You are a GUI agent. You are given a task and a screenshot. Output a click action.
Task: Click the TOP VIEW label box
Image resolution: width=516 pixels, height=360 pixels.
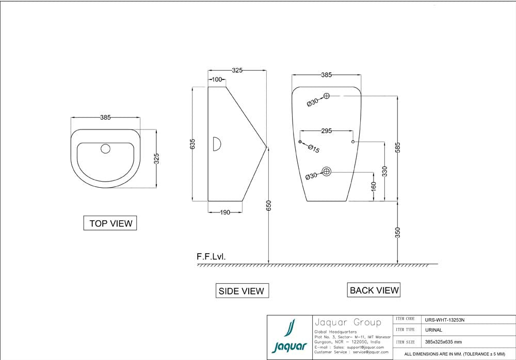[x=110, y=223]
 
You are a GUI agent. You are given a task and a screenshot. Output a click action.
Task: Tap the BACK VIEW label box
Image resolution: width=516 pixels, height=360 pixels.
[x=374, y=290]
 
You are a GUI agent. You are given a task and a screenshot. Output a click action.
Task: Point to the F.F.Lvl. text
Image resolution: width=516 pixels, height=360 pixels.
[x=211, y=256]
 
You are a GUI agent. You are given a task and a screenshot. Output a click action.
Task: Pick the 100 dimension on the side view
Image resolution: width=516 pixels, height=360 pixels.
[x=217, y=79]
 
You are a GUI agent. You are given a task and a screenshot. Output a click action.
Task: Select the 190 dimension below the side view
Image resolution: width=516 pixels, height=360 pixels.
[x=225, y=212]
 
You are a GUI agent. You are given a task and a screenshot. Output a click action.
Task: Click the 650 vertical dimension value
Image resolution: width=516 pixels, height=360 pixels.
[x=268, y=205]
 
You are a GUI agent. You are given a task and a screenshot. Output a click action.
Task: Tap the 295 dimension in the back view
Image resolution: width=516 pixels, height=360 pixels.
[x=326, y=131]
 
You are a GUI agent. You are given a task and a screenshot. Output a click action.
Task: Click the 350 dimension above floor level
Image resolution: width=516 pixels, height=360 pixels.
[x=397, y=233]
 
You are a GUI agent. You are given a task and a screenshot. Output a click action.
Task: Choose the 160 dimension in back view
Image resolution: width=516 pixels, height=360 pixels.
[x=373, y=186]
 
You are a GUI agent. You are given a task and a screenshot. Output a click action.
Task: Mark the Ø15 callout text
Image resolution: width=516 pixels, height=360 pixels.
[x=314, y=149]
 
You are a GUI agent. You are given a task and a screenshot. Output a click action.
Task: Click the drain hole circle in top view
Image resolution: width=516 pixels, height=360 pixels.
[x=106, y=149]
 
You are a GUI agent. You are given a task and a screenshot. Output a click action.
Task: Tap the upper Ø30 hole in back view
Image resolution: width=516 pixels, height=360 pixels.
[x=327, y=95]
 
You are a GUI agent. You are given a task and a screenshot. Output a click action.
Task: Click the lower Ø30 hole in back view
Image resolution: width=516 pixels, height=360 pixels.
[x=326, y=171]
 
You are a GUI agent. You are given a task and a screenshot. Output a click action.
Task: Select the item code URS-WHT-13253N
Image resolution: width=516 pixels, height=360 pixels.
[x=445, y=320]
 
